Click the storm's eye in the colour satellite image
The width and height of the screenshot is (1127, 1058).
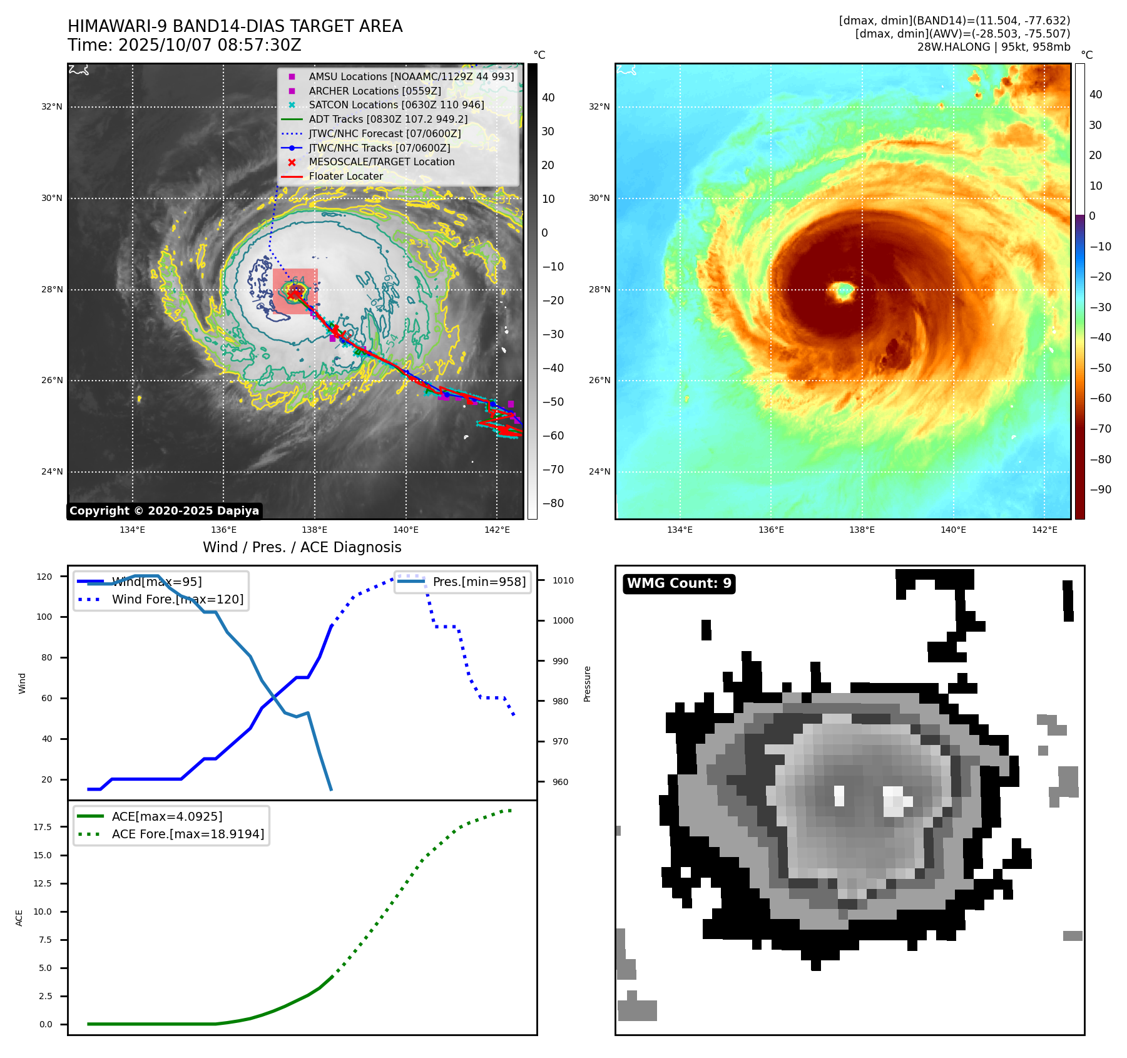pos(845,290)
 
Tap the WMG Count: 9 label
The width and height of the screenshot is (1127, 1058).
pos(679,583)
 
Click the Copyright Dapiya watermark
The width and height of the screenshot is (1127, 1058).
pos(164,511)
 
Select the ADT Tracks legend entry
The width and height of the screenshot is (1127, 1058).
pos(388,119)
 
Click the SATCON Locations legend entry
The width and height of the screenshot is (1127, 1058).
pos(396,105)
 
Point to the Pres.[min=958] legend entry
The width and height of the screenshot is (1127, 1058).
pos(479,582)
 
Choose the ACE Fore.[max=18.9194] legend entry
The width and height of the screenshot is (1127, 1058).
pos(188,834)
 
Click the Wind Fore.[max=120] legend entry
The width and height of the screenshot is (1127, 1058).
pos(178,599)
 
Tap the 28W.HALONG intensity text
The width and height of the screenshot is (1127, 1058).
pos(994,47)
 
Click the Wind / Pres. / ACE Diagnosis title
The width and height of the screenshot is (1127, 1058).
pos(302,547)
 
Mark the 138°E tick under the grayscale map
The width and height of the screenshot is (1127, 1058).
pos(315,530)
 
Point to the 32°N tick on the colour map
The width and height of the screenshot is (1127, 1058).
pos(599,106)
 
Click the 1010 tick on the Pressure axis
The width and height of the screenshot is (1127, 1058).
pos(563,580)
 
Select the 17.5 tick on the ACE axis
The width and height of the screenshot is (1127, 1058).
pos(43,827)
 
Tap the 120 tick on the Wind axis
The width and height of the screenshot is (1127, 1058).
pos(44,577)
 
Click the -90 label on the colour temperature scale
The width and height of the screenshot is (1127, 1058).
pos(1100,490)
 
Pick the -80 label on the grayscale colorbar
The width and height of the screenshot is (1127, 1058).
pos(553,503)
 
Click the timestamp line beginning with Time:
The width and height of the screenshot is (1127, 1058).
pos(185,45)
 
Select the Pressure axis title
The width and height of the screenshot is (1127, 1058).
pos(587,684)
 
